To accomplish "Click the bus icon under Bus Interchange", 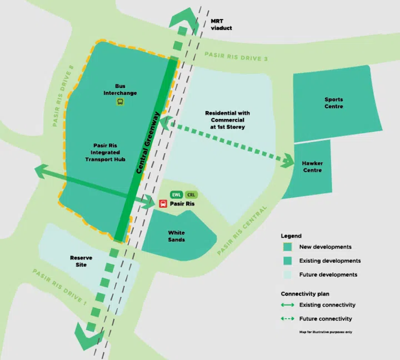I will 119,102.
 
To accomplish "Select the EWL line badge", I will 177,194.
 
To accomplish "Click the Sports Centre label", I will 334,103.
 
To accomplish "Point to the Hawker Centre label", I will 312,167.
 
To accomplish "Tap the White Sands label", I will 176,236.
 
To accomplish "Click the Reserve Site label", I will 81,261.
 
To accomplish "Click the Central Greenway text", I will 148,144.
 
